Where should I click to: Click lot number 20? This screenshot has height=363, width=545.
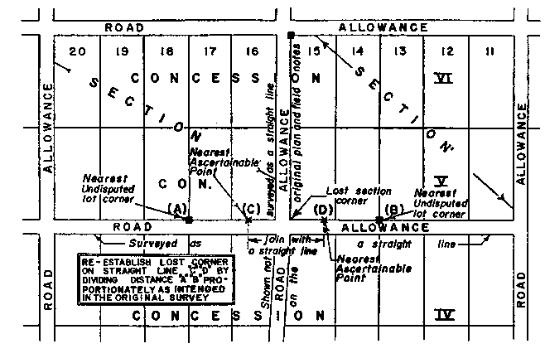click(x=78, y=52)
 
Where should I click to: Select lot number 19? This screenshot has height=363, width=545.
click(x=122, y=52)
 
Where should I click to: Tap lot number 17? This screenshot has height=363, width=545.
click(x=209, y=52)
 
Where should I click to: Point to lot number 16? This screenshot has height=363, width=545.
click(x=251, y=52)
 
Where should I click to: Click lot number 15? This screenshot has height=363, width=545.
click(x=313, y=52)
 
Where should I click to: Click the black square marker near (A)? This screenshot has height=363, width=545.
click(x=190, y=220)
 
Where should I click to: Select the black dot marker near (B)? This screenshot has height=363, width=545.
click(x=379, y=220)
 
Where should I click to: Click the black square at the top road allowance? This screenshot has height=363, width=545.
click(x=291, y=34)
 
